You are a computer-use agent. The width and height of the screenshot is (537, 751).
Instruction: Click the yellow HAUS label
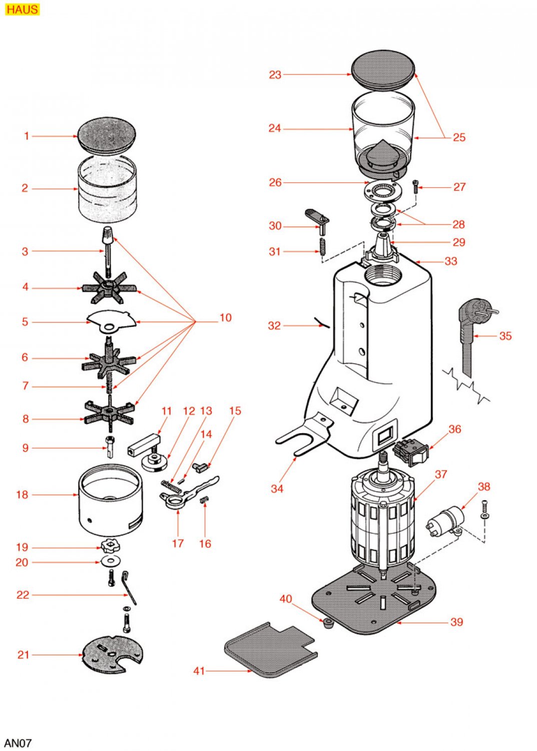(22, 9)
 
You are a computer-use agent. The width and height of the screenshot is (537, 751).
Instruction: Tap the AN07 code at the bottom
(18, 742)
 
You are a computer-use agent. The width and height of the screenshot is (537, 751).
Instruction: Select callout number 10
(226, 317)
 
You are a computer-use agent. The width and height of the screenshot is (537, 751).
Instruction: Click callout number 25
(459, 137)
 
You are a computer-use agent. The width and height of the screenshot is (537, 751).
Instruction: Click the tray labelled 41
(271, 650)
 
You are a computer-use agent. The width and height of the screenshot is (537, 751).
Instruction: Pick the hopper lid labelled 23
(383, 70)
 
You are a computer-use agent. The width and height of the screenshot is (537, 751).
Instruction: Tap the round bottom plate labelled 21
(113, 655)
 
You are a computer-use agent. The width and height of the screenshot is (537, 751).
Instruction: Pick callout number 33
(451, 261)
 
